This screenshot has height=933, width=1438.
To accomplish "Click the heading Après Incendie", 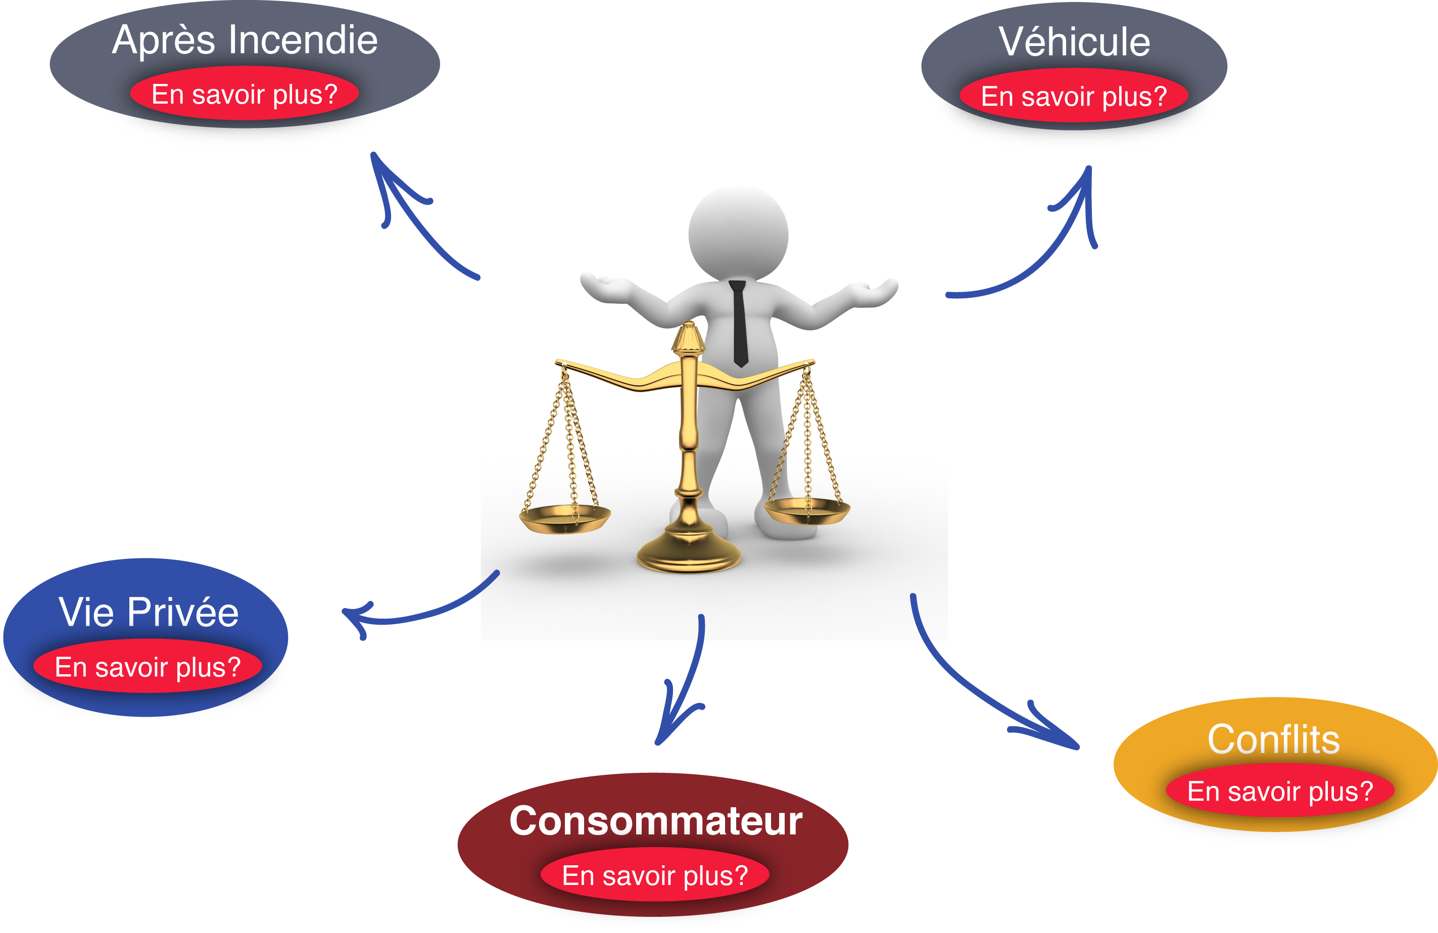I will pos(245,40).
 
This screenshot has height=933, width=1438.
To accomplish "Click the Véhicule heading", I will pos(1074,42).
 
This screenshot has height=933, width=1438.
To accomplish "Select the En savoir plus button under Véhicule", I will pos(1074,97).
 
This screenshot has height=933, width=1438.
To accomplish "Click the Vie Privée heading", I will pos(149,612).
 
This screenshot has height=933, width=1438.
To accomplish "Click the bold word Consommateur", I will pos(655,821).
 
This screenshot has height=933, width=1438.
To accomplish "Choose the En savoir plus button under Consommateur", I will pos(655,875).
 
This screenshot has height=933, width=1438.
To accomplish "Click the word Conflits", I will pos(1274,739).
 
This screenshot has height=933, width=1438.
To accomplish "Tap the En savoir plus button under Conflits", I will pos(1280,791).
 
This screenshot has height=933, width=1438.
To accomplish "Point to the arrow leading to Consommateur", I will pos(689,683).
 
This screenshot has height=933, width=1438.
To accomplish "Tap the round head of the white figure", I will pos(738,232).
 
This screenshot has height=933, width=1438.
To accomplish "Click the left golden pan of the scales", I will pos(564,519).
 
